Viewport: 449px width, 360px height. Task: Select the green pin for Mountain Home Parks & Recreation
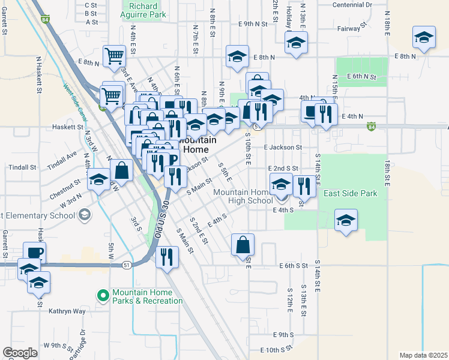click(x=103, y=295)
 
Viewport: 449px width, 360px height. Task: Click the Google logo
click(x=20, y=352)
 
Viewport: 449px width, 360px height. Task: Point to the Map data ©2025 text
click(x=423, y=355)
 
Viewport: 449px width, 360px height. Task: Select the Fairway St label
click(x=352, y=28)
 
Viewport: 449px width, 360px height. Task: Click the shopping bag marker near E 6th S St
click(x=243, y=245)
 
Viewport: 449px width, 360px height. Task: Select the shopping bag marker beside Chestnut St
click(x=121, y=170)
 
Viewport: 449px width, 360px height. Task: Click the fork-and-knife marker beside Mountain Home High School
click(x=304, y=186)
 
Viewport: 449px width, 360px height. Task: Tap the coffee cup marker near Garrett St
click(x=34, y=252)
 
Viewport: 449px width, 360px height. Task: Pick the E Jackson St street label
click(x=282, y=147)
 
